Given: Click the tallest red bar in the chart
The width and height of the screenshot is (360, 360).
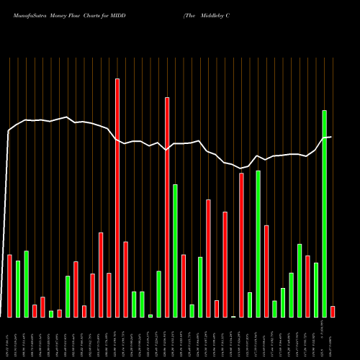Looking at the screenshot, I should (117, 198).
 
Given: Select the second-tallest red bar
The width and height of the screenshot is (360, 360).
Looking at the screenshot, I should (167, 207).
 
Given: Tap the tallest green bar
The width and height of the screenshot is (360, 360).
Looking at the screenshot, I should (324, 214).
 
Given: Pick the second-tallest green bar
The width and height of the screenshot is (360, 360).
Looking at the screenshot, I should (258, 244).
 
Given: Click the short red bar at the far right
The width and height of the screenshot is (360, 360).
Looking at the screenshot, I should (333, 312).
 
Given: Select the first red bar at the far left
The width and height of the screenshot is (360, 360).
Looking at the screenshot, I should (9, 286).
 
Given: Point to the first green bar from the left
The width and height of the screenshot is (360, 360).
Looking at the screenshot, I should (18, 289).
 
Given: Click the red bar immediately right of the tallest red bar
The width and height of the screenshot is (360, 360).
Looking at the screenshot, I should (125, 279).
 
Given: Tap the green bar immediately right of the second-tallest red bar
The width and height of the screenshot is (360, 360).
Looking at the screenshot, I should (175, 251).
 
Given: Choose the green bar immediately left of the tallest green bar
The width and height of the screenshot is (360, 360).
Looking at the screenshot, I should (316, 290).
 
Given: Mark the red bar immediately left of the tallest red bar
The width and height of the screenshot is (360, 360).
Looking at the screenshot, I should (109, 295).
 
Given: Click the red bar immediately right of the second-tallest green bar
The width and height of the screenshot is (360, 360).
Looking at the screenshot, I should (266, 271).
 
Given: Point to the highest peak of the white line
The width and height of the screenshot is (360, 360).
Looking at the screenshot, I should (66, 117).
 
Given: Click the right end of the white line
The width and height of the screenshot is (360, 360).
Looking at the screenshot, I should (330, 137).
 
